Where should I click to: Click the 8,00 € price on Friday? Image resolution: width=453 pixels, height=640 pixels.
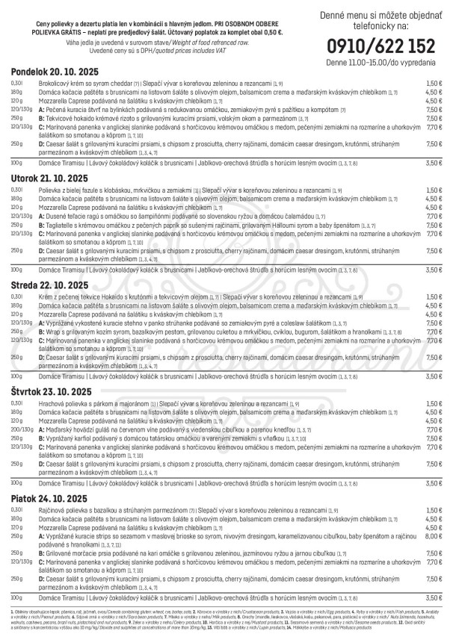(434, 535)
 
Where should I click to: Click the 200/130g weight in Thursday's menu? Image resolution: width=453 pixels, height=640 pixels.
(21, 431)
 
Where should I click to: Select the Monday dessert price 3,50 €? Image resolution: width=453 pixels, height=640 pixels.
(434, 162)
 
